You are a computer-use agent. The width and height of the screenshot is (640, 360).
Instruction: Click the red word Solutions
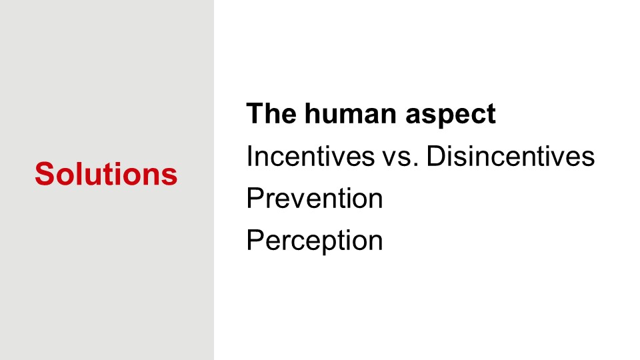(x=106, y=174)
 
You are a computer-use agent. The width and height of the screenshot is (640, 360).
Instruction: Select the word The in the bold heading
(x=271, y=113)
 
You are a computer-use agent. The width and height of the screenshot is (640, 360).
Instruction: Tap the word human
(x=351, y=113)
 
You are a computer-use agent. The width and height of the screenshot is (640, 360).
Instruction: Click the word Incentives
(x=310, y=155)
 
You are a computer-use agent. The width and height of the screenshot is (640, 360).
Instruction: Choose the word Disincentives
(x=511, y=155)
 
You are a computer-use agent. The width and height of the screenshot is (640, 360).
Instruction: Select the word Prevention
(x=315, y=198)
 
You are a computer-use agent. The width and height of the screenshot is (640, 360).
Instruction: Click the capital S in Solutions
(x=45, y=174)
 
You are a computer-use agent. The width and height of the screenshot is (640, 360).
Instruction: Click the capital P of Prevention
(x=255, y=198)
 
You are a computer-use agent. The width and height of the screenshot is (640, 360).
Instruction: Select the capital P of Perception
(x=255, y=239)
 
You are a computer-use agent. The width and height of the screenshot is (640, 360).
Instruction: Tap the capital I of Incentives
(x=249, y=155)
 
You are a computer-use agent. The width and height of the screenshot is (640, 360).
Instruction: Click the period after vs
(x=416, y=165)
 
